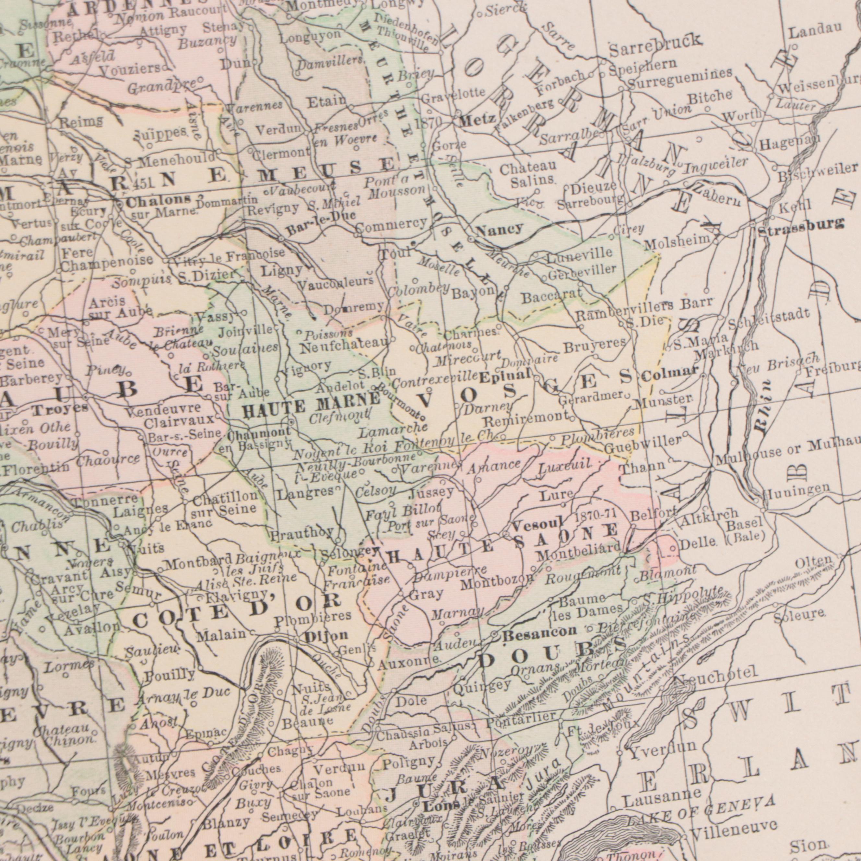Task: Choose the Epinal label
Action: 506,376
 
